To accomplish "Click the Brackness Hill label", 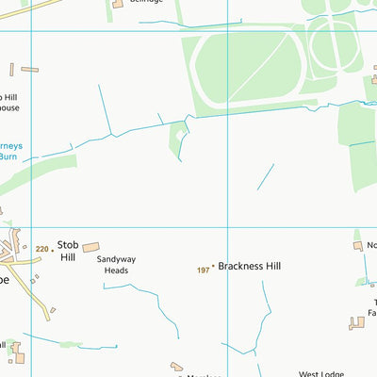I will point(250,267).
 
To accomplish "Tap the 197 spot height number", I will point(203,270).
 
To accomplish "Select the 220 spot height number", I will point(41,250).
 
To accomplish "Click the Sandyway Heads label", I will point(118,264).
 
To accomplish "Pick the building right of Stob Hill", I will point(90,248).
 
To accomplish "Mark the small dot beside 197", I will point(213,268).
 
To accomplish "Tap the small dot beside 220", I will point(52,250).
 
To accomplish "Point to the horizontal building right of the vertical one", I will point(29,70).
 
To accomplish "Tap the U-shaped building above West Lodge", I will point(357,322).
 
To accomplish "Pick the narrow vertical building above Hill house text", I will point(12,70).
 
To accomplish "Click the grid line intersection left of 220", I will point(31,227).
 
